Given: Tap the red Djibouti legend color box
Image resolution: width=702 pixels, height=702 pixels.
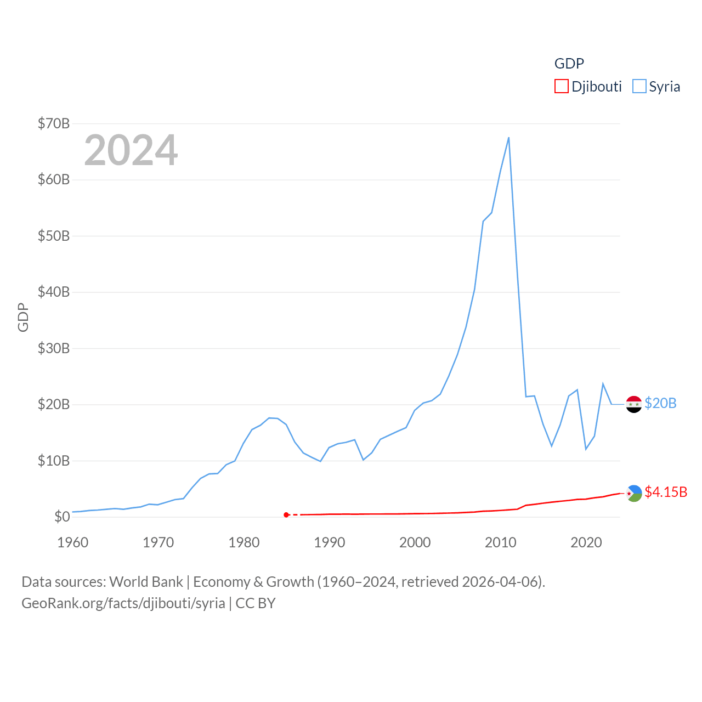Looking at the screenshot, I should (561, 87).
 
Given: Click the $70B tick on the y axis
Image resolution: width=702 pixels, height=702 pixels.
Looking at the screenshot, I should (54, 123).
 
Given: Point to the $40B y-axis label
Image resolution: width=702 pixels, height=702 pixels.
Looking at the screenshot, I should (54, 292).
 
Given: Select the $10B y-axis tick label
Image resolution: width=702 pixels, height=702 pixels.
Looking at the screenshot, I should (54, 461).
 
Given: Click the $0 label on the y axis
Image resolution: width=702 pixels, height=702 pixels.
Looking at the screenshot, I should (62, 517).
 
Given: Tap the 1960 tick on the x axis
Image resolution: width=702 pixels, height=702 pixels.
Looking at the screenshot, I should (73, 542).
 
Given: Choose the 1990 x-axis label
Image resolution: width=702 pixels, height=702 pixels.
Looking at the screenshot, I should (330, 542).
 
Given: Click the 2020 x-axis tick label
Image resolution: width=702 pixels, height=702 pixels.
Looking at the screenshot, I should (586, 542).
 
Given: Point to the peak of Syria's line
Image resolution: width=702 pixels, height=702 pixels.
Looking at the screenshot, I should (509, 138).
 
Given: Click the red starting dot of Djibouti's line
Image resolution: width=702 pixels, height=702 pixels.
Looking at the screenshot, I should (286, 514).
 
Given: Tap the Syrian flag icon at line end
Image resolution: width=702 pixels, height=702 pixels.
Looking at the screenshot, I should (634, 404).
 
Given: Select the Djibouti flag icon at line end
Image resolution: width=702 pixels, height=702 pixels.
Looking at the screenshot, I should (634, 494).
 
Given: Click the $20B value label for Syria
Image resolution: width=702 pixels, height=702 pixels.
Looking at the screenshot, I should (660, 403).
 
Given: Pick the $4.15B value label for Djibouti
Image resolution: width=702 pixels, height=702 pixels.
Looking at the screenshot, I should (666, 492).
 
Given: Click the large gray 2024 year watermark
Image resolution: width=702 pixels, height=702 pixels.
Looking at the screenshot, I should (131, 150).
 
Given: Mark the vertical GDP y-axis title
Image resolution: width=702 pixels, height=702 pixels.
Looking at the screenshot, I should (23, 317).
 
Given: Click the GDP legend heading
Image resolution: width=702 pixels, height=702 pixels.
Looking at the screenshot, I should (569, 64).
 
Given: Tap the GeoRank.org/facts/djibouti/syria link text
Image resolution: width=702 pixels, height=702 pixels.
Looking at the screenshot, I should (123, 603).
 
